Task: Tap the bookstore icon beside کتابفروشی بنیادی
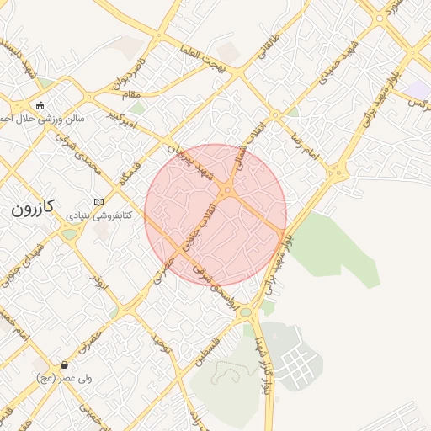tap(99, 202)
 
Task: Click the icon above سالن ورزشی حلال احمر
tap(40, 105)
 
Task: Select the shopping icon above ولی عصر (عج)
tap(64, 365)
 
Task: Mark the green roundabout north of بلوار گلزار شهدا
tap(245, 312)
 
